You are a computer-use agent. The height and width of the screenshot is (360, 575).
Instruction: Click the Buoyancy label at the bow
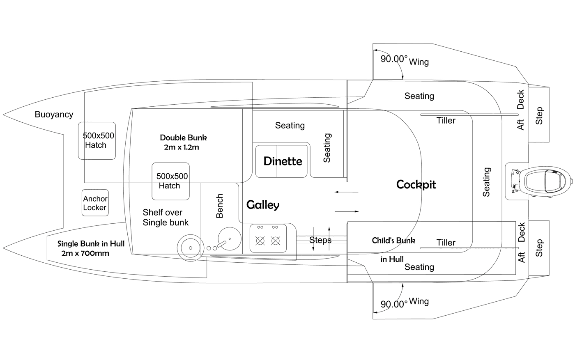coord(54,115)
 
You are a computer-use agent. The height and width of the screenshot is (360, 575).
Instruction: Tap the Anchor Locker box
coord(95,203)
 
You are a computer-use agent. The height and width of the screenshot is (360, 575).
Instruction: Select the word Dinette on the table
coord(283,161)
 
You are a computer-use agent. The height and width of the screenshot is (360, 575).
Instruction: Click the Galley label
coord(263,205)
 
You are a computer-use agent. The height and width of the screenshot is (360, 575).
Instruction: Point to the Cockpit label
coord(416,184)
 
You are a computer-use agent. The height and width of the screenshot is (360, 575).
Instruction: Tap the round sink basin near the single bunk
coord(191,248)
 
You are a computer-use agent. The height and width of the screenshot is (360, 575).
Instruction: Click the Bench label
coord(219,206)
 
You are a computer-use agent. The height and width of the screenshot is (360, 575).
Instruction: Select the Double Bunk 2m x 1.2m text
coord(183,142)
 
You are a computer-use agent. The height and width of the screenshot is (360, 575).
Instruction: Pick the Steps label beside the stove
coord(320,240)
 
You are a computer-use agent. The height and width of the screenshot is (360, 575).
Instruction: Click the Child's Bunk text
coord(393,241)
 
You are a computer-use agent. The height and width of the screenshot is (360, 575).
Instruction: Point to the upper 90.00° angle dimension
coord(394,59)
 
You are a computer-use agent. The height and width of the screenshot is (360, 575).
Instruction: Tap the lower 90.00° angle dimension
coord(394,304)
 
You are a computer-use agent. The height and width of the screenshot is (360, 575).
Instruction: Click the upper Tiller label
coord(446,120)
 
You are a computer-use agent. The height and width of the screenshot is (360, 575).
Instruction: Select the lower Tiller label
coord(446,243)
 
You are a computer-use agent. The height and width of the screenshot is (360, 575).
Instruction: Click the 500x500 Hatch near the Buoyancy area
coord(97,141)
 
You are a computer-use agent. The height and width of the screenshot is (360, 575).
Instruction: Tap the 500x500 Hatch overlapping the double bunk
coord(171,181)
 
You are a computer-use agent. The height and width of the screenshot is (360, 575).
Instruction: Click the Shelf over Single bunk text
coord(166,217)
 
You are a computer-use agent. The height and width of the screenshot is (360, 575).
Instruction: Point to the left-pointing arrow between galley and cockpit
coord(346,192)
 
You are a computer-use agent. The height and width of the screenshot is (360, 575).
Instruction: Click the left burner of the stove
coord(260,241)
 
